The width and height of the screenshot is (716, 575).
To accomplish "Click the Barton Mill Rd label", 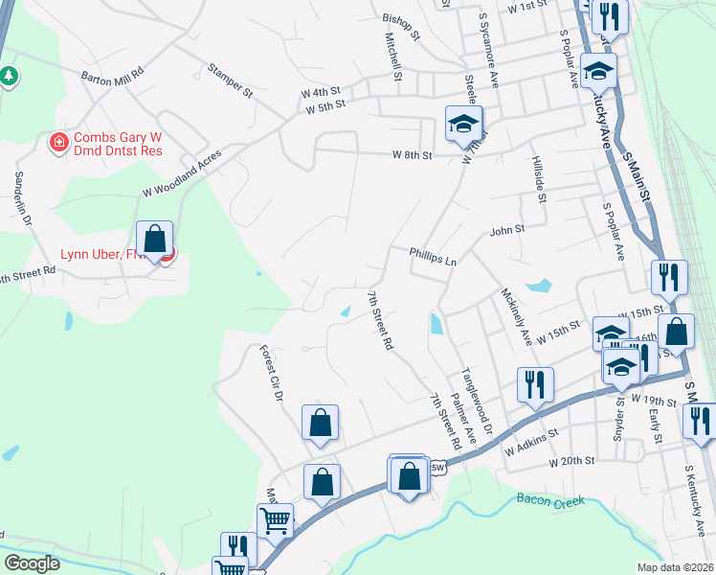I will coord(112,73).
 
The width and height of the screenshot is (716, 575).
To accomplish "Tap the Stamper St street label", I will coord(229,82).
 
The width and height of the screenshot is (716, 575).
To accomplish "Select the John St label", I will coord(507,230).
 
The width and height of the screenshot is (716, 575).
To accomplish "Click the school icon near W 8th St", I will coord(463,123).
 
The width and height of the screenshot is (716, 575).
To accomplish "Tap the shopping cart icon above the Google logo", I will coord(276,520).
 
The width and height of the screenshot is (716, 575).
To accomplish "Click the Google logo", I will coord(33,563).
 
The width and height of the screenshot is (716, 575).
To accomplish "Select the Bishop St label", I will coord(401,27).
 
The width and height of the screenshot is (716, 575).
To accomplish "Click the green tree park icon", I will coord(9,75).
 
